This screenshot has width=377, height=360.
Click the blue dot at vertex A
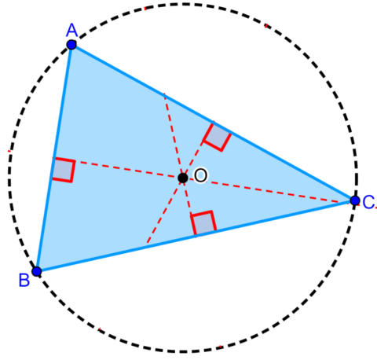pos(71,45)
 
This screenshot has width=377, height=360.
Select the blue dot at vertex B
pos(36,272)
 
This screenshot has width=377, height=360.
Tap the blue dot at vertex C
pos(355,201)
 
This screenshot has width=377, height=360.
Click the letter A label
pos(71,30)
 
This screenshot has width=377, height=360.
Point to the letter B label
pos(24,279)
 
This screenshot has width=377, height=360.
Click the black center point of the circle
pos(183,178)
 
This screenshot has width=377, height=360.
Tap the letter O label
pos(200,176)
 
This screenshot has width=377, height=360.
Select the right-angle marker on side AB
pos(63,170)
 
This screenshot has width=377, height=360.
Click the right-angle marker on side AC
pos(216,136)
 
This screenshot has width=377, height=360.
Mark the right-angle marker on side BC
pos(203,223)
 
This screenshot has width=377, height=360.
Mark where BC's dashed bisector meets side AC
pos(164,96)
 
